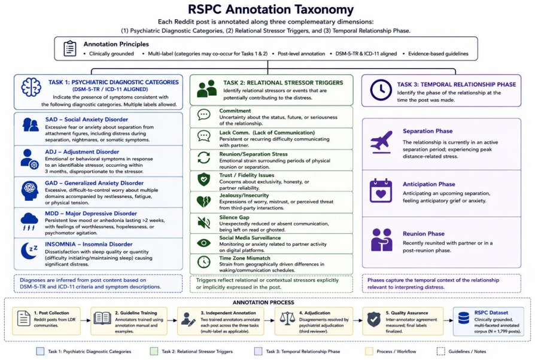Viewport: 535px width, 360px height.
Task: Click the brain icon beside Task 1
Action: pyautogui.click(x=31, y=87)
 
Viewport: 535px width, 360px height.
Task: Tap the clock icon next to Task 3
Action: pyautogui.click(x=381, y=90)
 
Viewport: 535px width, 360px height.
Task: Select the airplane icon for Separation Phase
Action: pyautogui.click(x=381, y=142)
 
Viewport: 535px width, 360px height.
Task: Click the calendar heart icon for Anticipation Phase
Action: pyautogui.click(x=381, y=190)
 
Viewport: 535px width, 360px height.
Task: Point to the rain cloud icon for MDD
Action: pyautogui.click(x=29, y=222)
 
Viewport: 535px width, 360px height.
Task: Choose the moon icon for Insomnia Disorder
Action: pyautogui.click(x=29, y=251)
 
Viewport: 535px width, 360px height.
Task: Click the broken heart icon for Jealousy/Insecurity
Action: pyautogui.click(x=203, y=202)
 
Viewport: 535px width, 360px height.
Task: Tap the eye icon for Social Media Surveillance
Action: pyautogui.click(x=203, y=243)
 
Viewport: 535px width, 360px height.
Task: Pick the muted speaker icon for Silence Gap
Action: pyautogui.click(x=203, y=222)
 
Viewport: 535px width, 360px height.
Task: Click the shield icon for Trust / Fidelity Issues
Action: pyautogui.click(x=203, y=179)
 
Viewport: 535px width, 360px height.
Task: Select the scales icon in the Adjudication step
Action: pyautogui.click(x=287, y=318)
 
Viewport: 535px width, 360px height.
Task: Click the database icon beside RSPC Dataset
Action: pyautogui.click(x=463, y=318)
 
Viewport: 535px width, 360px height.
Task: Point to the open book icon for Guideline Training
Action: pyautogui.click(x=102, y=318)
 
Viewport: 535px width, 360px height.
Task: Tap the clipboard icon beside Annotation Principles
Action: pyautogui.click(x=69, y=48)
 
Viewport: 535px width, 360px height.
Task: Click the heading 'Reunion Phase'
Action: pyautogui.click(x=424, y=234)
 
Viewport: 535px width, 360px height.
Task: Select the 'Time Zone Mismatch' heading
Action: pyautogui.click(x=245, y=258)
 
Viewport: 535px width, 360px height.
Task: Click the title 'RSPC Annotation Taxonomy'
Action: pyautogui.click(x=270, y=9)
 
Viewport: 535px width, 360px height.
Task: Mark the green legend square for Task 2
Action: pyautogui.click(x=154, y=351)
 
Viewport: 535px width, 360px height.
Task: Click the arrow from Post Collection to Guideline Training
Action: pyautogui.click(x=86, y=321)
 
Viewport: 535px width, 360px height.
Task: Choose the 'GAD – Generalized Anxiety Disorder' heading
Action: pyautogui.click(x=94, y=183)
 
